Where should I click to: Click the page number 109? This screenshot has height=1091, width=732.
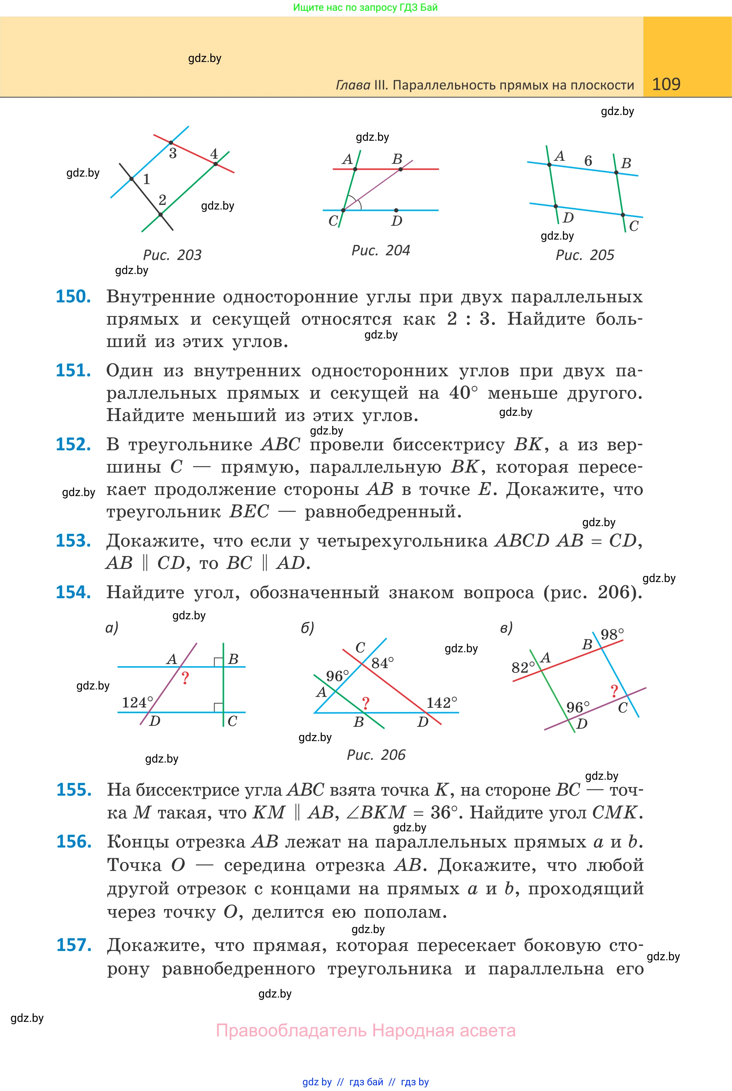666,84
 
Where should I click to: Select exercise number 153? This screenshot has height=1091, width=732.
73,540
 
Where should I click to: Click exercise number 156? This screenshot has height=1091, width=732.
74,841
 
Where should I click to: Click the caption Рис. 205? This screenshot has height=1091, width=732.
584,255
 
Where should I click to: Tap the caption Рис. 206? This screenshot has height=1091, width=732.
376,755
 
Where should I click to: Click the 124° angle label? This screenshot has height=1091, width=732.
137,702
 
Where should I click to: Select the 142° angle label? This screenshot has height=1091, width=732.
442,703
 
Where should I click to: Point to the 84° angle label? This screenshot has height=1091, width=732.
383,663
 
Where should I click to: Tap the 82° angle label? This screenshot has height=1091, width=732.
523,667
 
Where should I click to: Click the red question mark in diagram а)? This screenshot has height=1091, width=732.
185,678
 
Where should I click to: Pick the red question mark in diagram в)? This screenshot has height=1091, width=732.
614,691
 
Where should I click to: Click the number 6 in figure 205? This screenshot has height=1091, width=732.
588,161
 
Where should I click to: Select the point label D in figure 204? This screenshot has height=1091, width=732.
397,221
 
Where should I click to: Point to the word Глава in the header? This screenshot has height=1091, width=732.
353,85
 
